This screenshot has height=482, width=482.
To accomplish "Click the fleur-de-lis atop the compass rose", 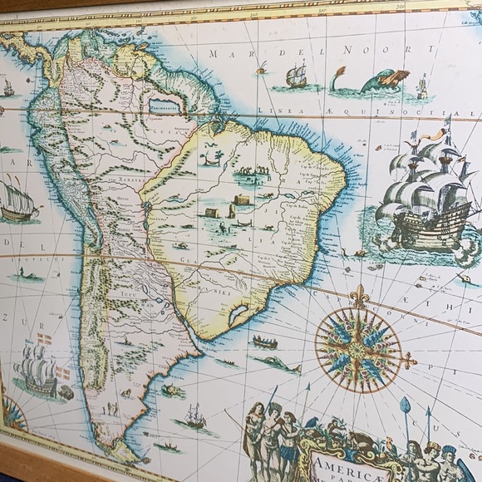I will point(358,295).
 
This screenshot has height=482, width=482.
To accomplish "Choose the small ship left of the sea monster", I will point(297,77).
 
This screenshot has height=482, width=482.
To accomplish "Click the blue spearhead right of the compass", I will point(406,406).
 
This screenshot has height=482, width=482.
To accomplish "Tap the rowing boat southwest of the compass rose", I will point(265,342).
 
